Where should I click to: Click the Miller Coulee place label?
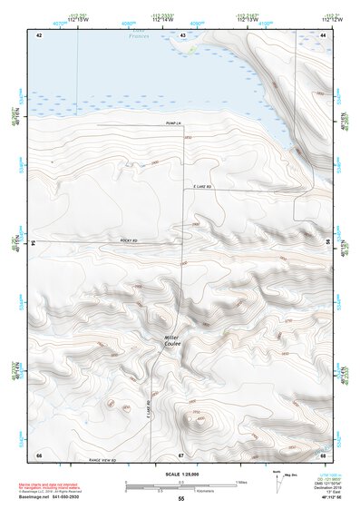[172, 342]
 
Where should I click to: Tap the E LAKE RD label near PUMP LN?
[201, 187]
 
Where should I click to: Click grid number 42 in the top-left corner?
[39, 34]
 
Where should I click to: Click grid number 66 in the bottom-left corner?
[39, 454]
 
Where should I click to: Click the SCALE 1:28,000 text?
[180, 473]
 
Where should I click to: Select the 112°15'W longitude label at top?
[76, 20]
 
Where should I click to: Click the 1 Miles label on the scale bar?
[242, 480]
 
